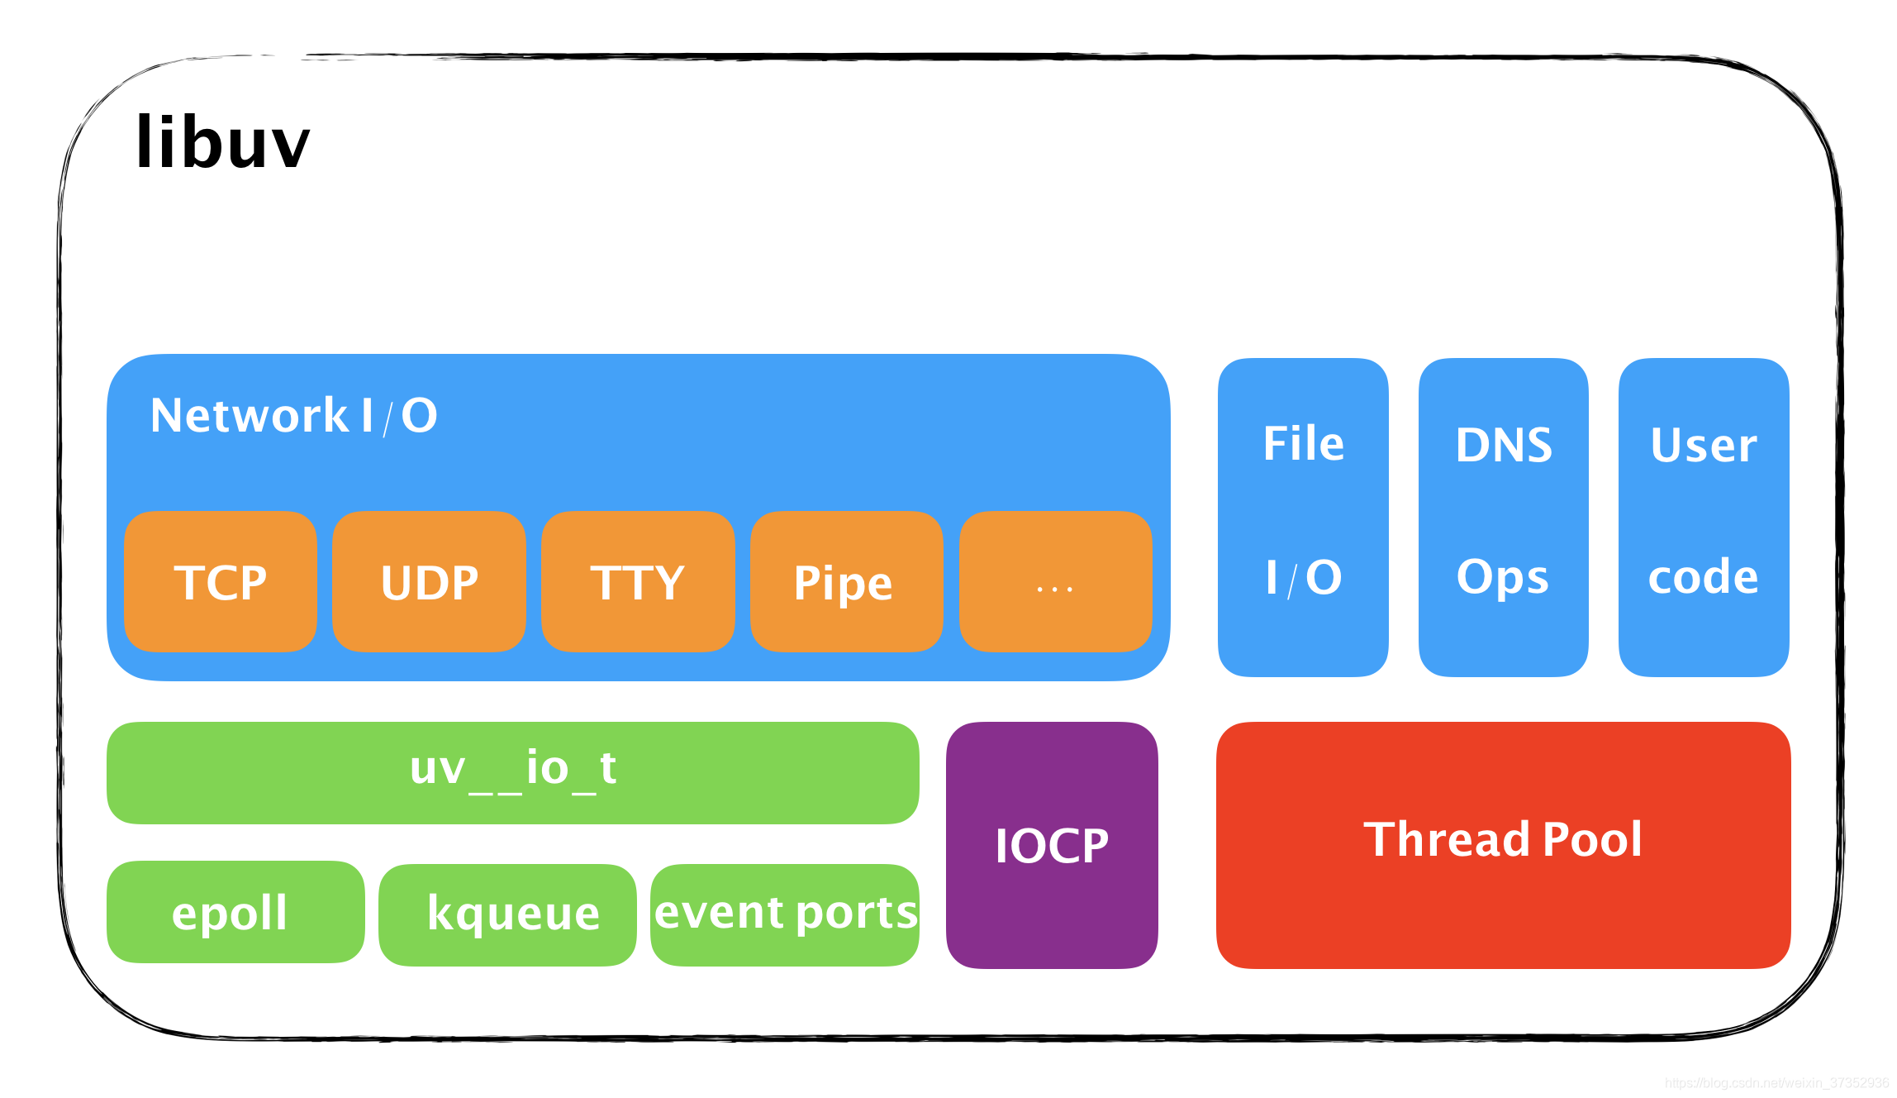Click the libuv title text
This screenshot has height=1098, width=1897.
[x=222, y=143]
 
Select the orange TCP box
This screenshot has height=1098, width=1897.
[x=220, y=582]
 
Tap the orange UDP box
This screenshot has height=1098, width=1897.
[x=429, y=582]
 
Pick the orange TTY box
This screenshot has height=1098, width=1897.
[x=638, y=582]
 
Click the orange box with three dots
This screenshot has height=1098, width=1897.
[x=1055, y=582]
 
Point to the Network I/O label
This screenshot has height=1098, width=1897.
[x=293, y=415]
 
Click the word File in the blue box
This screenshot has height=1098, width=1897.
[x=1303, y=444]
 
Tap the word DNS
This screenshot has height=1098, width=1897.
[x=1504, y=445]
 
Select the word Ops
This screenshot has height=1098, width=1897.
[x=1502, y=577]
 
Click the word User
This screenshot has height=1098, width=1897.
[x=1704, y=445]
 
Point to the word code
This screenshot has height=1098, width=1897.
[x=1703, y=577]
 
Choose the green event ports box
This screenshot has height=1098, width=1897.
[x=785, y=914]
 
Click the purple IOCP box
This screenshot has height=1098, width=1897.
[x=1052, y=845]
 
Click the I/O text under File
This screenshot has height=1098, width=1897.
[x=1303, y=577]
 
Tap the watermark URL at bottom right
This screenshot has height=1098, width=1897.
[x=1776, y=1082]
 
